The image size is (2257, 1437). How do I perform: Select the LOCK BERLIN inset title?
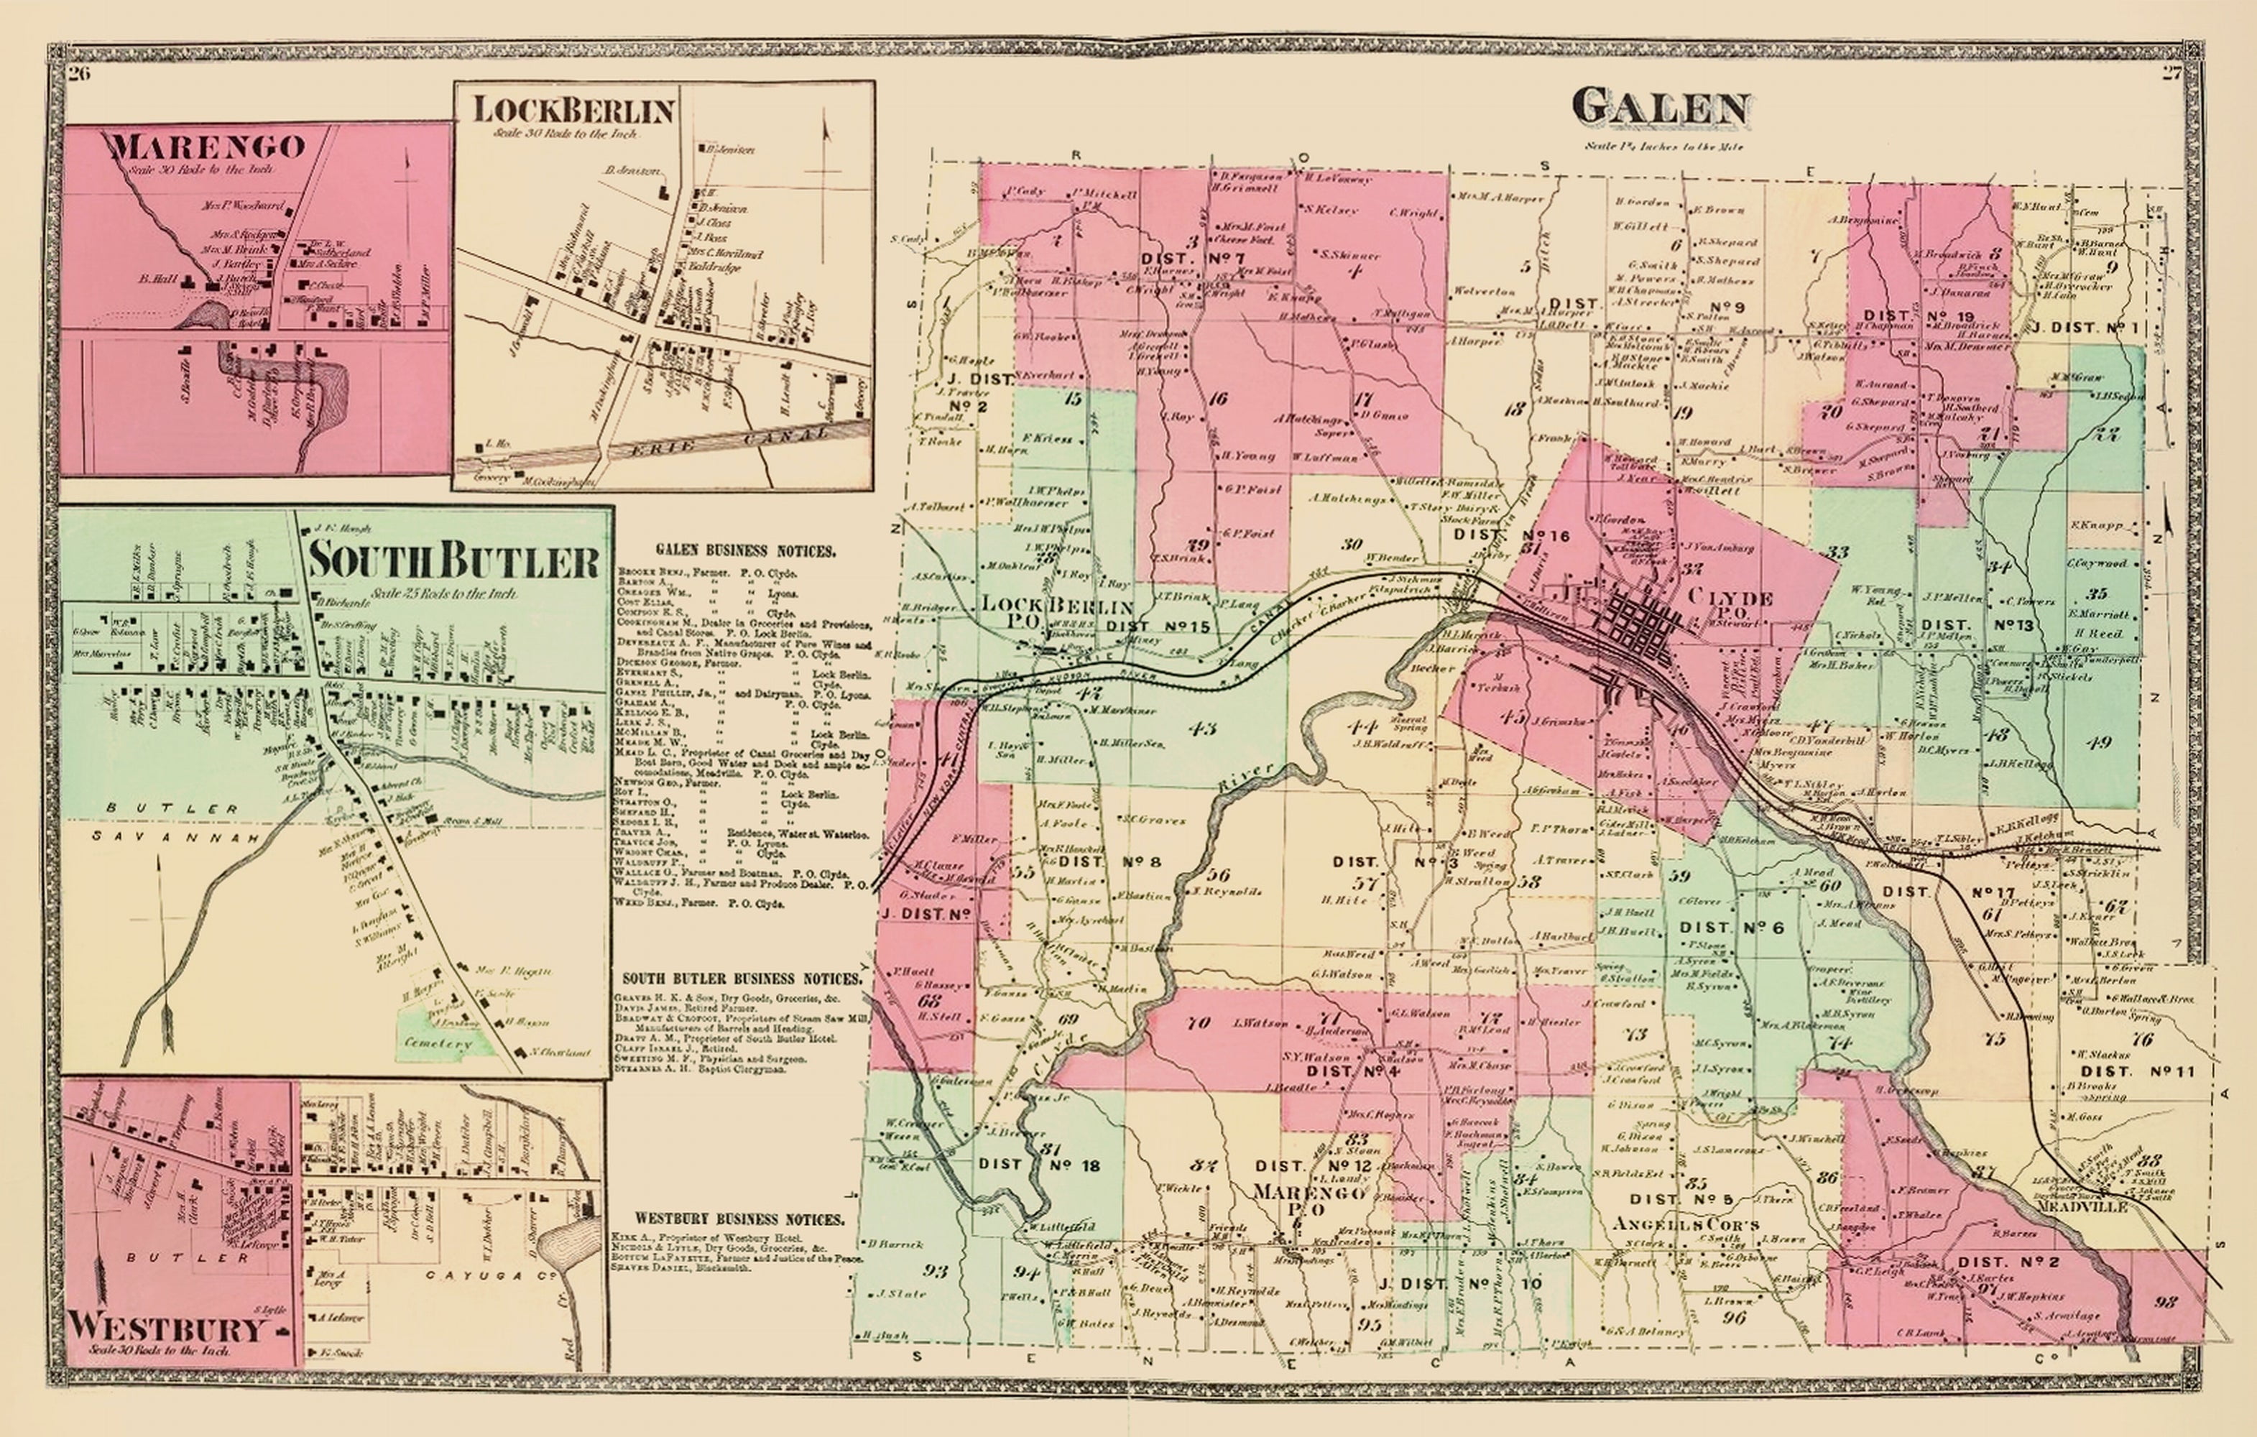pyautogui.click(x=573, y=111)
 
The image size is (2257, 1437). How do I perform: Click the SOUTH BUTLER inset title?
pyautogui.click(x=453, y=561)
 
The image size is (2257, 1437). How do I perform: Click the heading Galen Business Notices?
pyautogui.click(x=745, y=551)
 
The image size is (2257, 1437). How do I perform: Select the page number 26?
pyautogui.click(x=79, y=75)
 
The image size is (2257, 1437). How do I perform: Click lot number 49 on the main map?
pyautogui.click(x=2100, y=742)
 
